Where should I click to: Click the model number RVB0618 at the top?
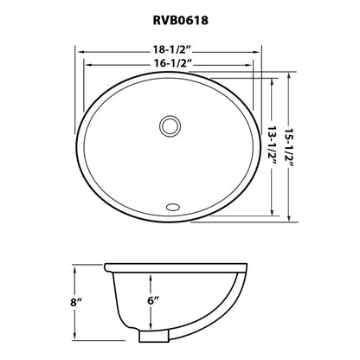[x=179, y=16]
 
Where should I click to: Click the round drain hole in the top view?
[x=170, y=127]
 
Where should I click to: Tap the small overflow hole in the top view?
[x=170, y=207]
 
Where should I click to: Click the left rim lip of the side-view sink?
[x=107, y=266]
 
